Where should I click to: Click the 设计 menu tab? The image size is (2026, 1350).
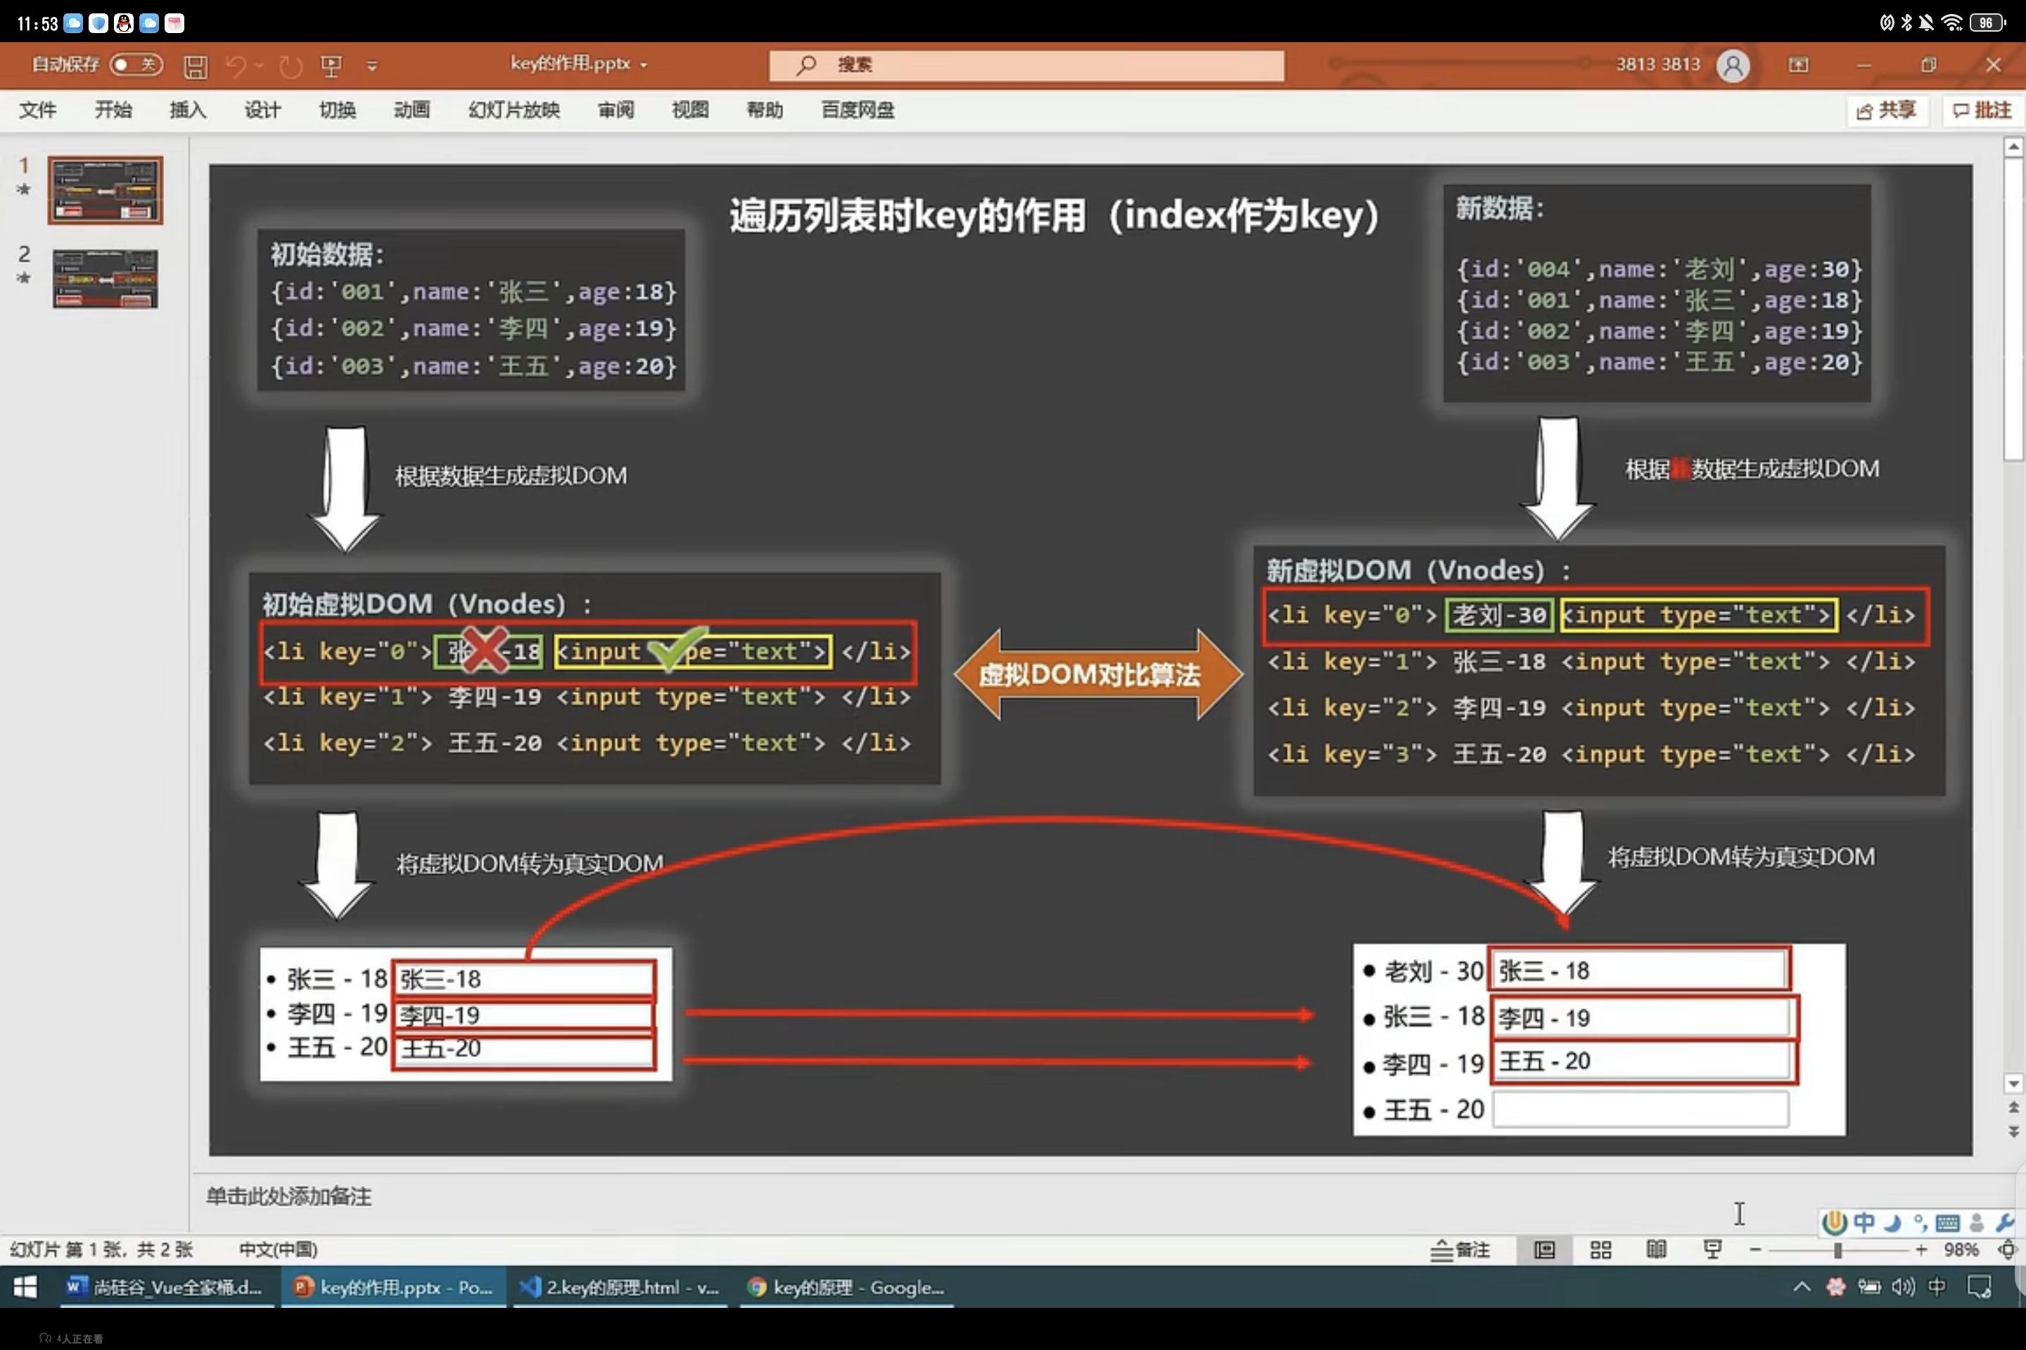coord(262,110)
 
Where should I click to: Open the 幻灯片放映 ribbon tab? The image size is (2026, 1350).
coord(514,110)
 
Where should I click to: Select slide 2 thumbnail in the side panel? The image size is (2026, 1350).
coord(105,278)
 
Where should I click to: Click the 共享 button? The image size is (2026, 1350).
coord(1887,110)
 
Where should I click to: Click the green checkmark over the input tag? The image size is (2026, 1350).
coord(677,648)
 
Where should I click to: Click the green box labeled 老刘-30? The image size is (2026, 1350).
coord(1499,615)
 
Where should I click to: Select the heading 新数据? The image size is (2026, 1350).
coord(1500,208)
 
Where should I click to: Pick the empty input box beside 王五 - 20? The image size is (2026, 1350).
coord(1640,1110)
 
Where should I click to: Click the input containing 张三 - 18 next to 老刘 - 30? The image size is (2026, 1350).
coord(1640,970)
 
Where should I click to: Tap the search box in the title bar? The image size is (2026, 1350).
coord(1025,65)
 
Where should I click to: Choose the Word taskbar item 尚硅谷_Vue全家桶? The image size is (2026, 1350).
coord(165,1287)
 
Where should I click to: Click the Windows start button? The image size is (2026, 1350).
coord(25,1287)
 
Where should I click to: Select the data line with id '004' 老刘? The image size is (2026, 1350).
coord(1658,269)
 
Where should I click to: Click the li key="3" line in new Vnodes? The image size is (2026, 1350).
coord(1590,754)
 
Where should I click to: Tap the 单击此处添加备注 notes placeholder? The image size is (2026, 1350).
coord(288,1196)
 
